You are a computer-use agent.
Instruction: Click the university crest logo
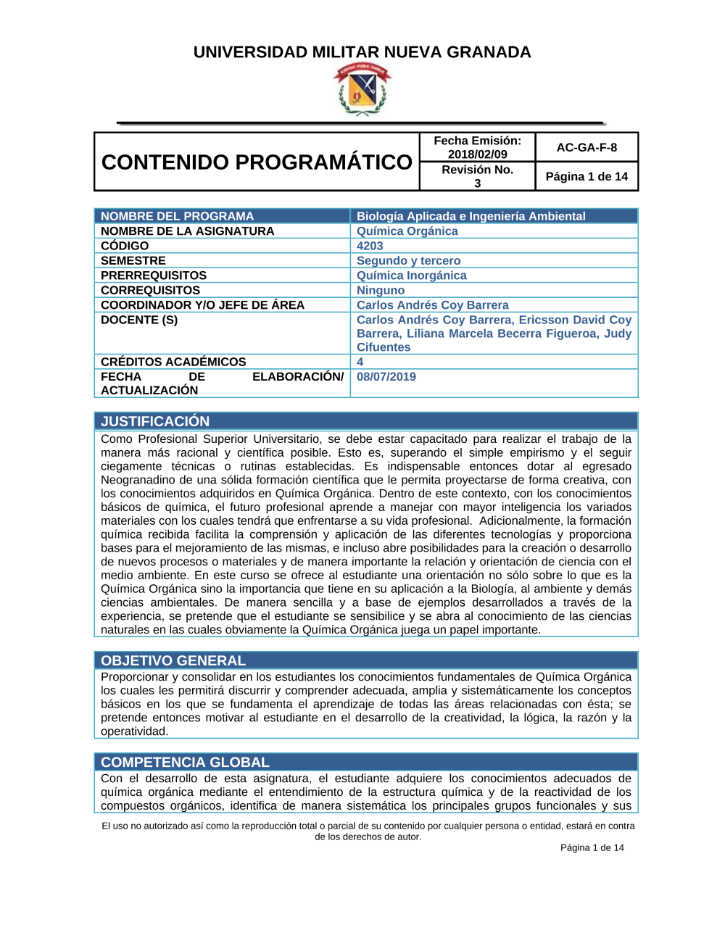click(362, 88)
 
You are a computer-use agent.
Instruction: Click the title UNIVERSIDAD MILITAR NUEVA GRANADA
click(362, 52)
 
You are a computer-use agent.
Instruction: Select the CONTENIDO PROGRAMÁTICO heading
click(257, 162)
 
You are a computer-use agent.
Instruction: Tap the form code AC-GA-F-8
click(587, 147)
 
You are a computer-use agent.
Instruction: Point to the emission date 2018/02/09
click(477, 154)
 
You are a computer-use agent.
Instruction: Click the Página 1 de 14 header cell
click(587, 176)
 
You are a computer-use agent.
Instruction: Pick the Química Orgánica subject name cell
click(407, 231)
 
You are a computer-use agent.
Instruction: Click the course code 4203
click(370, 246)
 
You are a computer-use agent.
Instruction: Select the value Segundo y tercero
click(408, 260)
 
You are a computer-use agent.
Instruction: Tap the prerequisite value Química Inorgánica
click(411, 275)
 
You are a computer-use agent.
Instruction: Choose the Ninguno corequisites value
click(381, 290)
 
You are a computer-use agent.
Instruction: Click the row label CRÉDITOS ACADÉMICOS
click(173, 362)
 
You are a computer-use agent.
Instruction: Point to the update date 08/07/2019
click(386, 376)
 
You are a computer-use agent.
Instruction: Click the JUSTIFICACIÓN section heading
click(155, 421)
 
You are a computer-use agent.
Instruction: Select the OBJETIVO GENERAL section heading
click(173, 660)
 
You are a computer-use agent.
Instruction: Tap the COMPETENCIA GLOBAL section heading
click(185, 762)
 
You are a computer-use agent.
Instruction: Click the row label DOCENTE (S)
click(139, 320)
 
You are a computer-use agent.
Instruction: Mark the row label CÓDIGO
click(125, 246)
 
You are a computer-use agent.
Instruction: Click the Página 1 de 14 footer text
click(592, 847)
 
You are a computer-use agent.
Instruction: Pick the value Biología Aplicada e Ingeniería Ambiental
click(471, 216)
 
